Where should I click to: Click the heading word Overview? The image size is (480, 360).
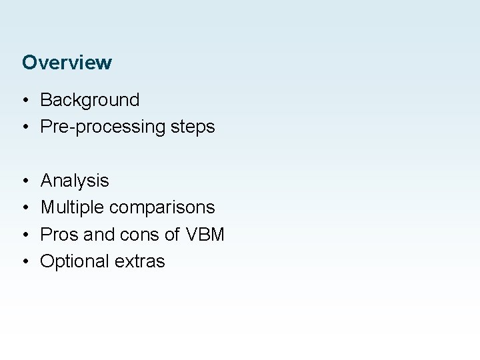click(x=67, y=63)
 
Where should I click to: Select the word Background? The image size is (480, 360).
click(x=90, y=100)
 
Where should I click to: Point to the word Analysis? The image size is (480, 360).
click(x=75, y=181)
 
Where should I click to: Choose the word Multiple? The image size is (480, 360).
click(x=73, y=207)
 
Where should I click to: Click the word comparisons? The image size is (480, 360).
click(x=162, y=208)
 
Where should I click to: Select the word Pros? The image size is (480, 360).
click(x=57, y=234)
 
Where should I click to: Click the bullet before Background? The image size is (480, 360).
click(x=24, y=101)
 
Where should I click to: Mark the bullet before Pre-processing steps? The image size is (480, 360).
click(x=24, y=127)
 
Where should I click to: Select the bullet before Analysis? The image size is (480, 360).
click(x=24, y=181)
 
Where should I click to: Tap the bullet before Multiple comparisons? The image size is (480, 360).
click(x=24, y=207)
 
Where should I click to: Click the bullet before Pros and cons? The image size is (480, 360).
click(x=24, y=234)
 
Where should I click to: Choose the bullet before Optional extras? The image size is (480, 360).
click(x=24, y=261)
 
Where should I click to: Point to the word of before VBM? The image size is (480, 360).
click(x=167, y=234)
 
